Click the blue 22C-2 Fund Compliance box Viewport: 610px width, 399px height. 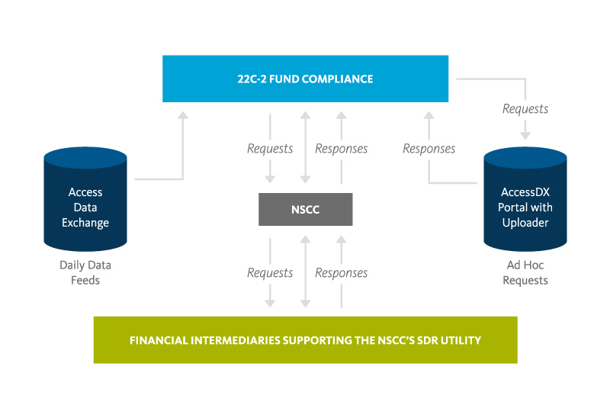pos(305,79)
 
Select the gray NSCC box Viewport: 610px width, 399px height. pos(305,209)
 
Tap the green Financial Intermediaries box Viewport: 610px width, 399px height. pos(305,339)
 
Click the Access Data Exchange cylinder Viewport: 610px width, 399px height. pos(85,200)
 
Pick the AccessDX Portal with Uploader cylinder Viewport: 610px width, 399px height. pos(526,200)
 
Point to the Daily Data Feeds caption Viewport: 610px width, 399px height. pos(85,272)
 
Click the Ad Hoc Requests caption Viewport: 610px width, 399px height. pos(526,272)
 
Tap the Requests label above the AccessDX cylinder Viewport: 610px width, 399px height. pos(525,109)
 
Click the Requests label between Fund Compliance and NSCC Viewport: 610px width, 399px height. pos(270,149)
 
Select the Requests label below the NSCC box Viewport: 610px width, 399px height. pos(270,272)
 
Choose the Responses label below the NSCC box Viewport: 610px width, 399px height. pos(342,272)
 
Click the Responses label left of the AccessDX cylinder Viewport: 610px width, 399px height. pos(429,149)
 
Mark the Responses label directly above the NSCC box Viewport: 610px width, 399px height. pos(342,149)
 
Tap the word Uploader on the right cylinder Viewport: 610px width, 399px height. pos(526,222)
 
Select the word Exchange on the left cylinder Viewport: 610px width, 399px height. pos(85,223)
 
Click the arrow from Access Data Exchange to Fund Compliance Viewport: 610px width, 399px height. pos(182,153)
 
